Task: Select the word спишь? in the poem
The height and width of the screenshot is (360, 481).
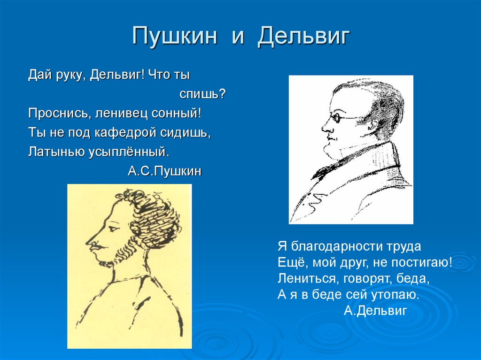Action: tap(202, 94)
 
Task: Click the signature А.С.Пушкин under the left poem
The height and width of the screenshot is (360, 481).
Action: tap(164, 171)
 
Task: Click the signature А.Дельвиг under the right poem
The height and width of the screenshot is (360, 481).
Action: tap(375, 310)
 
